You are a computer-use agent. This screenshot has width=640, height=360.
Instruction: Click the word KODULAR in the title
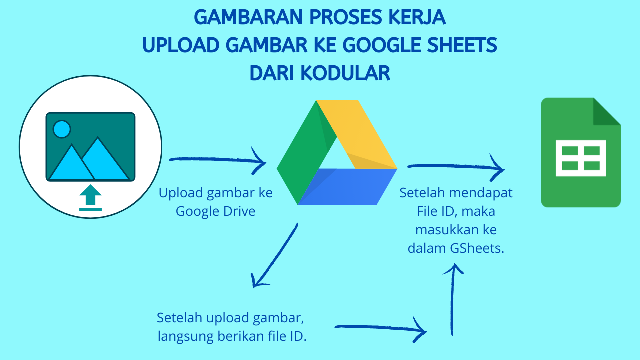345,73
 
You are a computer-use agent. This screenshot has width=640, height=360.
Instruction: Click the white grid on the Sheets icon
581,158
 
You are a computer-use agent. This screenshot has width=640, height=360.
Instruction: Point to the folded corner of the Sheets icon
606,111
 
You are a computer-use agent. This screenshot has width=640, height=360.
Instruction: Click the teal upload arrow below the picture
90,198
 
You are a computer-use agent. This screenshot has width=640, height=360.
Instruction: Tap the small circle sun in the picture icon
62,129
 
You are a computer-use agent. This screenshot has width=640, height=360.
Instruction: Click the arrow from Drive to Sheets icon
455,167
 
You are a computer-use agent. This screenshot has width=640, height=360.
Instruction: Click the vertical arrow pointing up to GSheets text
453,300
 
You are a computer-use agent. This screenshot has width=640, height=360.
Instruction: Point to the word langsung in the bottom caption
185,336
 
